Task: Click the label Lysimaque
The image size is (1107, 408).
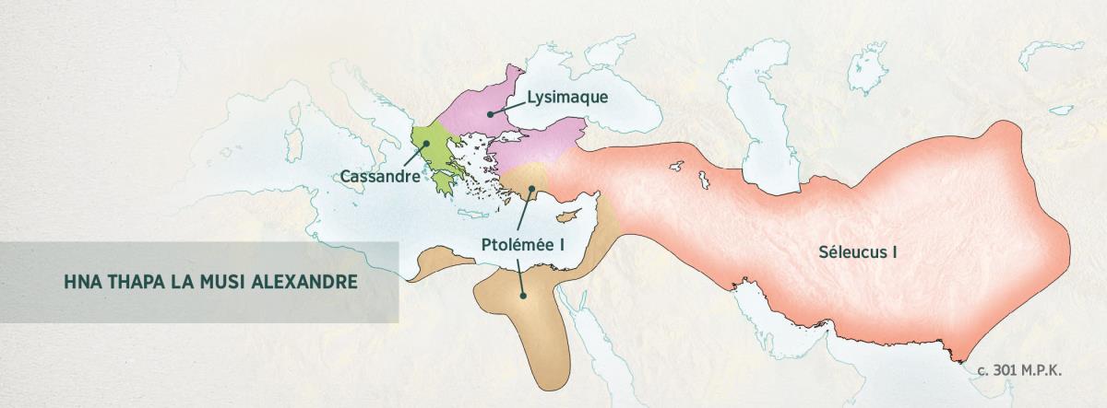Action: [567, 98]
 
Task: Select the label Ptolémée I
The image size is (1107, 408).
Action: [522, 245]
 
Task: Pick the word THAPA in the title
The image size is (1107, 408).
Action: [135, 281]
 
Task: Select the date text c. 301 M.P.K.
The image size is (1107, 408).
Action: [1021, 369]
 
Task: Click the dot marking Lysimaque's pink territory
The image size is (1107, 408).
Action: [491, 112]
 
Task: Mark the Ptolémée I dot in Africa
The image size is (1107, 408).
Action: [523, 296]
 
